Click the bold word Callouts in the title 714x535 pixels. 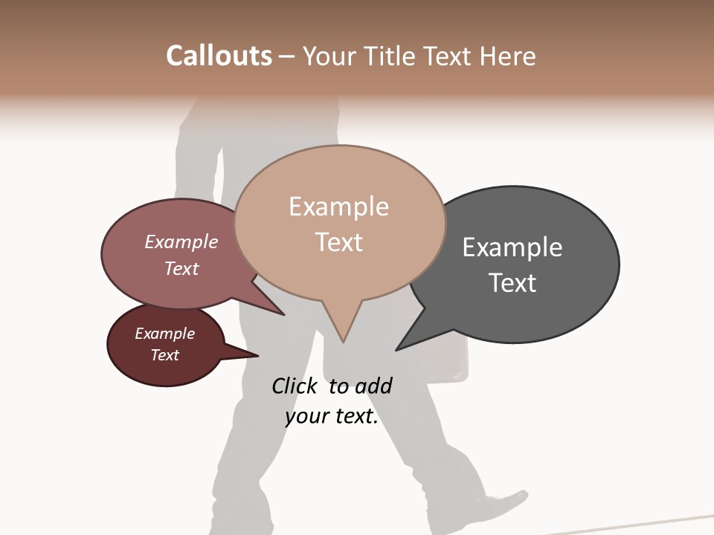(x=219, y=56)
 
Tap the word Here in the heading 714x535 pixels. (x=507, y=56)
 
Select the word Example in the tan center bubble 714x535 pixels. (x=338, y=207)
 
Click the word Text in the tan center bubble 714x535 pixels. (x=338, y=242)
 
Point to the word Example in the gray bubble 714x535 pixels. (x=512, y=247)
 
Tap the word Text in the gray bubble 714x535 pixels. (x=512, y=283)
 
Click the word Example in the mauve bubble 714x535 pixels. (x=181, y=241)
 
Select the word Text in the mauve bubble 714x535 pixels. (x=181, y=268)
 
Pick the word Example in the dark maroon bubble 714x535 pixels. (x=164, y=334)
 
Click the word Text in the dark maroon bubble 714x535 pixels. (x=164, y=355)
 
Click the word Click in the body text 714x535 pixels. (x=295, y=386)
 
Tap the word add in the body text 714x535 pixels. (x=373, y=386)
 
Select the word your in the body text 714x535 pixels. (x=305, y=417)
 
